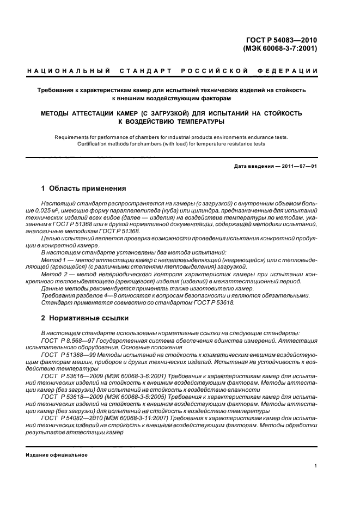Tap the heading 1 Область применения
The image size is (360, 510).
click(x=83, y=189)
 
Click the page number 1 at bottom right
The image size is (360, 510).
click(x=315, y=466)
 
